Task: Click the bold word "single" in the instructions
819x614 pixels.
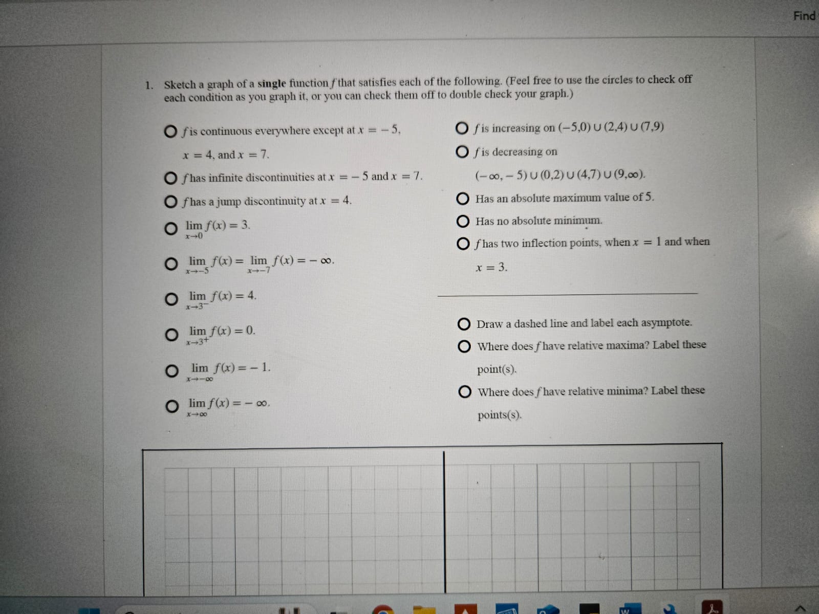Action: [271, 83]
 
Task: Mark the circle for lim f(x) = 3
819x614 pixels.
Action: [171, 228]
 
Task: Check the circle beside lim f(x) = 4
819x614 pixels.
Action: [171, 299]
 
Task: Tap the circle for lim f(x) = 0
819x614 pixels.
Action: [171, 335]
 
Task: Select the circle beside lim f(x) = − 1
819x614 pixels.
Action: [171, 371]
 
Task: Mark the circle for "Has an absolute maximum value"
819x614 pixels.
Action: [463, 199]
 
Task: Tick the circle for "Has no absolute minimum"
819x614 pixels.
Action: [463, 222]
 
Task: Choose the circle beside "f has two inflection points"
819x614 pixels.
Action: [463, 244]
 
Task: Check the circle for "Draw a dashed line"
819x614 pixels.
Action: [464, 324]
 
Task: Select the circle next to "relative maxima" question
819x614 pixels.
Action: [464, 347]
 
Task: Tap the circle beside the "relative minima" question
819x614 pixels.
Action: [465, 392]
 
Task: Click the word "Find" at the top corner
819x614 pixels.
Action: [804, 16]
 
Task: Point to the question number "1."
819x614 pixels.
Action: [149, 85]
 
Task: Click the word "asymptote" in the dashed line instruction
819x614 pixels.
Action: [666, 323]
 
